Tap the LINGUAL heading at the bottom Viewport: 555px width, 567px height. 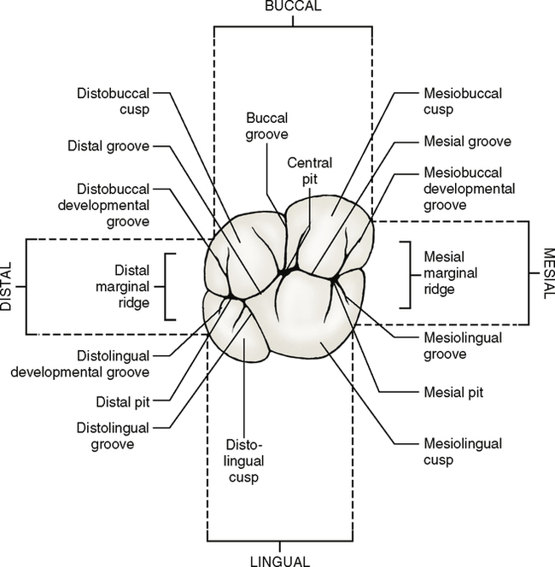(x=279, y=560)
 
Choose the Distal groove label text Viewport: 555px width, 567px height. (x=109, y=146)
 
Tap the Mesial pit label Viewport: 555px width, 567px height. (x=453, y=393)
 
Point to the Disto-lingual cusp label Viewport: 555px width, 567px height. (x=242, y=461)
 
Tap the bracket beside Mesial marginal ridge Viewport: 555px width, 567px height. (x=406, y=274)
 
